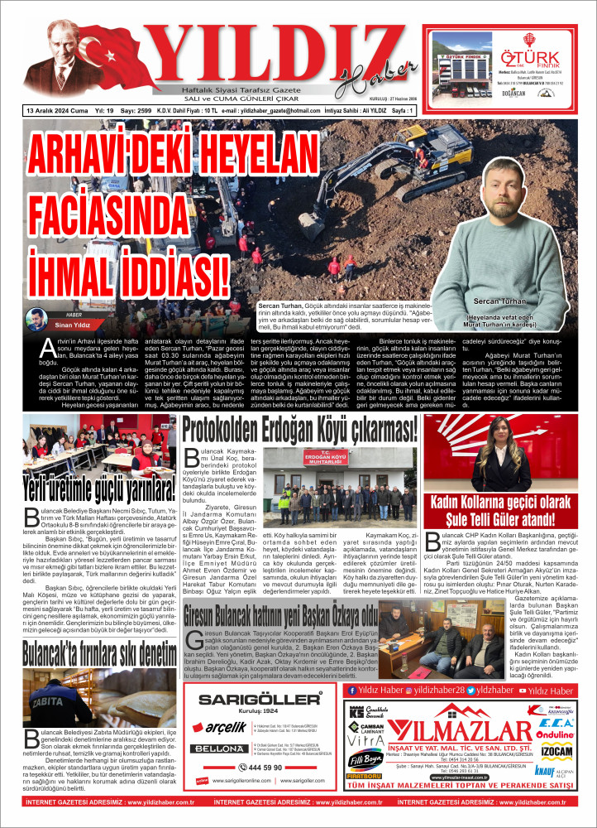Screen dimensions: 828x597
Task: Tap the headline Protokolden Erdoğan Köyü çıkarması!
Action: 299,431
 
